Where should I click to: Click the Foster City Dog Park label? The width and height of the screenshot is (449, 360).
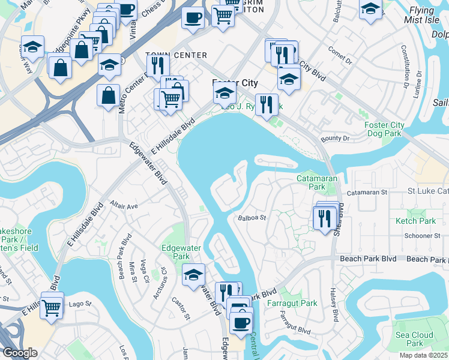pyautogui.click(x=384, y=129)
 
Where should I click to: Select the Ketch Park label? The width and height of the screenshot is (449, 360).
pyautogui.click(x=415, y=221)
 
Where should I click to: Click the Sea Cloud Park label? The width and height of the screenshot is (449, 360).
pyautogui.click(x=414, y=339)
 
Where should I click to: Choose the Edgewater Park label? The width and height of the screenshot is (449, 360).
pyautogui.click(x=175, y=252)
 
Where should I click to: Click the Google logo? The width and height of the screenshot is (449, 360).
pyautogui.click(x=20, y=352)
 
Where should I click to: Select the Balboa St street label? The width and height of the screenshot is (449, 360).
pyautogui.click(x=251, y=218)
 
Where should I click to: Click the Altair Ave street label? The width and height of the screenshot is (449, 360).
pyautogui.click(x=124, y=205)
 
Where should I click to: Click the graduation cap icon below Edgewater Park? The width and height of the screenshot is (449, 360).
pyautogui.click(x=193, y=275)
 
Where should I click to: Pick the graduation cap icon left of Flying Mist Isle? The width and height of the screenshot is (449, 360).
pyautogui.click(x=370, y=9)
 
